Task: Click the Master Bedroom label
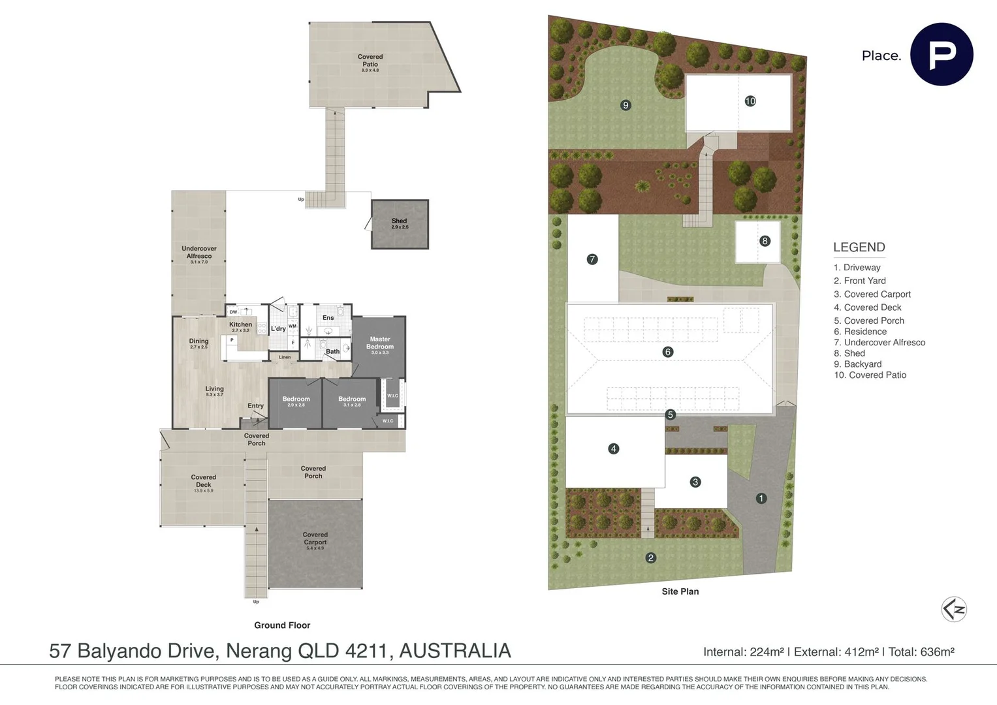coord(379,343)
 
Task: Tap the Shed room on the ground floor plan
coord(400,224)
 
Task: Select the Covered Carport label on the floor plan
coord(315,539)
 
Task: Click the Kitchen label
coord(240,325)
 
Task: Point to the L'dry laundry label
coord(278,328)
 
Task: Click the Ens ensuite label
coord(328,318)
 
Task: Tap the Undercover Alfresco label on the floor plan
coord(199,253)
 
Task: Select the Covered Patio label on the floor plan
coord(370,61)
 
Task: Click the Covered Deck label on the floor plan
coord(203,481)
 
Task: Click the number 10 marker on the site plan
coord(750,101)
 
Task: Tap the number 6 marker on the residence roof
coord(667,352)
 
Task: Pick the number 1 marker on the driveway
coord(761,498)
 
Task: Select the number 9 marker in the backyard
coord(625,105)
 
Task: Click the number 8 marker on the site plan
coord(765,241)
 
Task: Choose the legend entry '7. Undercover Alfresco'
coord(879,342)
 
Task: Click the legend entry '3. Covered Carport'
coord(872,294)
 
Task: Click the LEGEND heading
coord(859,247)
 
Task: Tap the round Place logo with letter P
coord(942,55)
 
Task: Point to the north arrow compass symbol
coord(954,610)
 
